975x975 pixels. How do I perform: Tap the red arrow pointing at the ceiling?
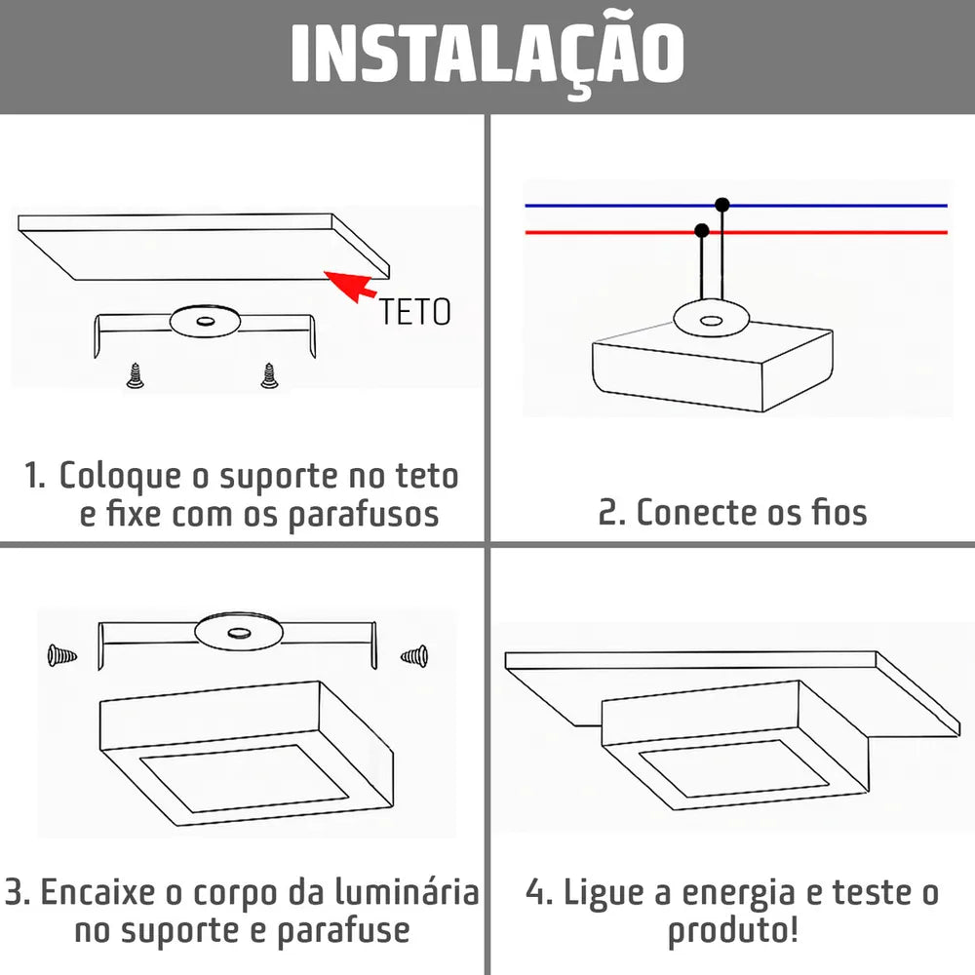coord(349,286)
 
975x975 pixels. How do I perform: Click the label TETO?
coord(414,312)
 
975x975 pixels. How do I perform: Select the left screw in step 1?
coord(135,375)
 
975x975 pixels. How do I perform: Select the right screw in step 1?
coord(269,375)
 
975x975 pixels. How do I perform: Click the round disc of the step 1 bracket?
coord(205,322)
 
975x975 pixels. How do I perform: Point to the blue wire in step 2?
coord(736,205)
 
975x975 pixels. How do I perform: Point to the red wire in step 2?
coord(736,233)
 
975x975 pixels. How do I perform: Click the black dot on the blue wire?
coord(721,205)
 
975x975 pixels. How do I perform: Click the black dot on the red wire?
coord(702,231)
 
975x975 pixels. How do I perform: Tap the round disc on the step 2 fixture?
coord(711,320)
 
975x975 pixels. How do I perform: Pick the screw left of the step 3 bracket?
coord(62,655)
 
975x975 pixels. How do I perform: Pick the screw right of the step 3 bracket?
coord(414,655)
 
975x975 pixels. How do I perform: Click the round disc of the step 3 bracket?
coord(239,633)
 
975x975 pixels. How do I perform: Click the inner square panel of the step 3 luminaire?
coord(244,778)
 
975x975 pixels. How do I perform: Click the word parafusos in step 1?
coord(364,516)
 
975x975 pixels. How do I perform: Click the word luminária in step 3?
coord(408,892)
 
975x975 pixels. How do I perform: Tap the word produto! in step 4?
coord(732,931)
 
